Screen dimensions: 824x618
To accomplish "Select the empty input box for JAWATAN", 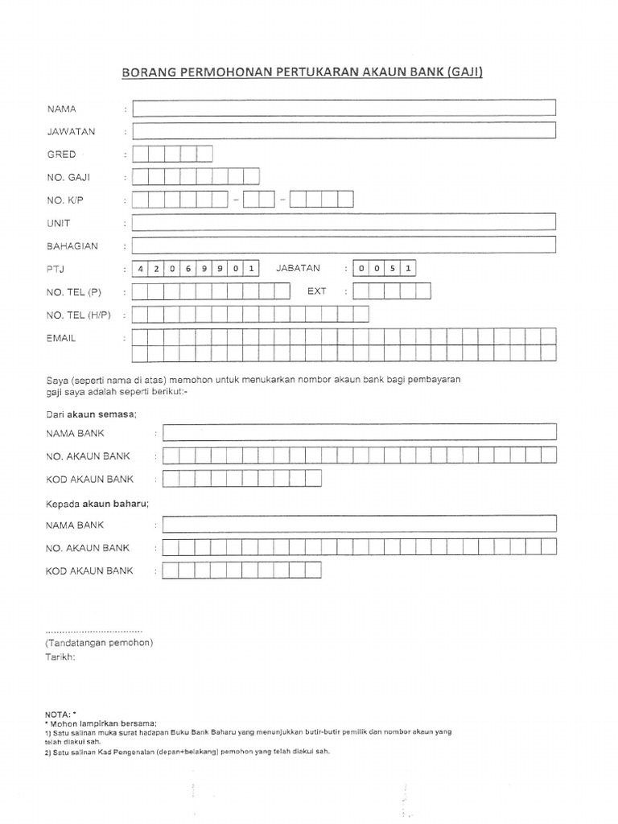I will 344,131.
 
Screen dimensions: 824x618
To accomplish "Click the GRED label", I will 62,154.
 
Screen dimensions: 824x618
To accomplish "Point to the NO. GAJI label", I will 68,177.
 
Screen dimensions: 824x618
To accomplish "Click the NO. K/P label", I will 66,200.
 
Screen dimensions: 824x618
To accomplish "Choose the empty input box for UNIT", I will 344,222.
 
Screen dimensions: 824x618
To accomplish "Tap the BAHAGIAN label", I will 72,246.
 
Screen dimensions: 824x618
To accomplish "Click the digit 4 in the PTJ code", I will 140,269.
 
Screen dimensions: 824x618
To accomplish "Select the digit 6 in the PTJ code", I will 187,269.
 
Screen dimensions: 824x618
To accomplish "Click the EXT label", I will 316,291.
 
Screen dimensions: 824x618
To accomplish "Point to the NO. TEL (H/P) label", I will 80,315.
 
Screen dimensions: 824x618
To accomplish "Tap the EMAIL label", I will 62,338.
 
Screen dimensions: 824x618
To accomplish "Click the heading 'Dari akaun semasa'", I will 91,414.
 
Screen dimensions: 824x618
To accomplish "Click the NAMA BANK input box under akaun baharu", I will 359,525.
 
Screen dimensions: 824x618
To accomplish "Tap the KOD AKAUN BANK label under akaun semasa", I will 90,479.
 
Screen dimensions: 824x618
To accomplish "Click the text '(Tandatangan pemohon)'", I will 99,642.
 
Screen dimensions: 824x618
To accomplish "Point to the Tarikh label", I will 60,657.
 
